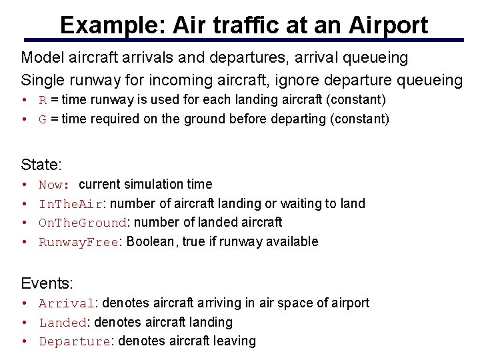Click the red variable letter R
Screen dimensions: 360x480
[x=43, y=100]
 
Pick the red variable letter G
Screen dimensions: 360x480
[x=43, y=119]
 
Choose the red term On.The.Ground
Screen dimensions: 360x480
[x=82, y=223]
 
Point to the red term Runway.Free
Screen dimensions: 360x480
[x=78, y=242]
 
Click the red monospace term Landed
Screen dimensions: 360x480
[x=63, y=323]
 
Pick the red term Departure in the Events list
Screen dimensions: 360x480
[x=75, y=341]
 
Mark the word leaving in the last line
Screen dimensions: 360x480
[x=234, y=341]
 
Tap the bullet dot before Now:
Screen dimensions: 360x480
[x=24, y=185]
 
